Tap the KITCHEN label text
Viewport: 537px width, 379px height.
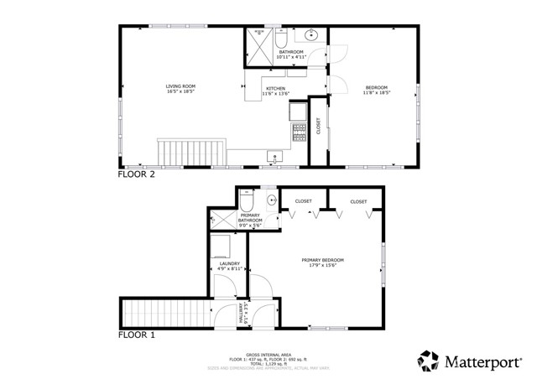(276, 91)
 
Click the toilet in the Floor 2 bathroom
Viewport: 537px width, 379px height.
(281, 39)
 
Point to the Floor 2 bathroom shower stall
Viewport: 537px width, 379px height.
(258, 41)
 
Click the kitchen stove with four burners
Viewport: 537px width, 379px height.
(298, 131)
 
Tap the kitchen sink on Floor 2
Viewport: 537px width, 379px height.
(274, 156)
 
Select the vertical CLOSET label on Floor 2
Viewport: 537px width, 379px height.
(318, 125)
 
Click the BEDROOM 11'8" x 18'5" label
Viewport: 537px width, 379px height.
(376, 91)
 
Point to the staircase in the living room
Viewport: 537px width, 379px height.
(191, 153)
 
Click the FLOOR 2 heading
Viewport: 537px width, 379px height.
(135, 175)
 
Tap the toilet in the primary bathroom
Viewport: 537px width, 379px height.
(247, 201)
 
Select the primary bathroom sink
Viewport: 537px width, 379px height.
(272, 201)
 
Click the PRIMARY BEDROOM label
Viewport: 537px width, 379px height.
(323, 262)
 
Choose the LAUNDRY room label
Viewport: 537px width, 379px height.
(230, 266)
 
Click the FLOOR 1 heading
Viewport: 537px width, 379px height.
(135, 335)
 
